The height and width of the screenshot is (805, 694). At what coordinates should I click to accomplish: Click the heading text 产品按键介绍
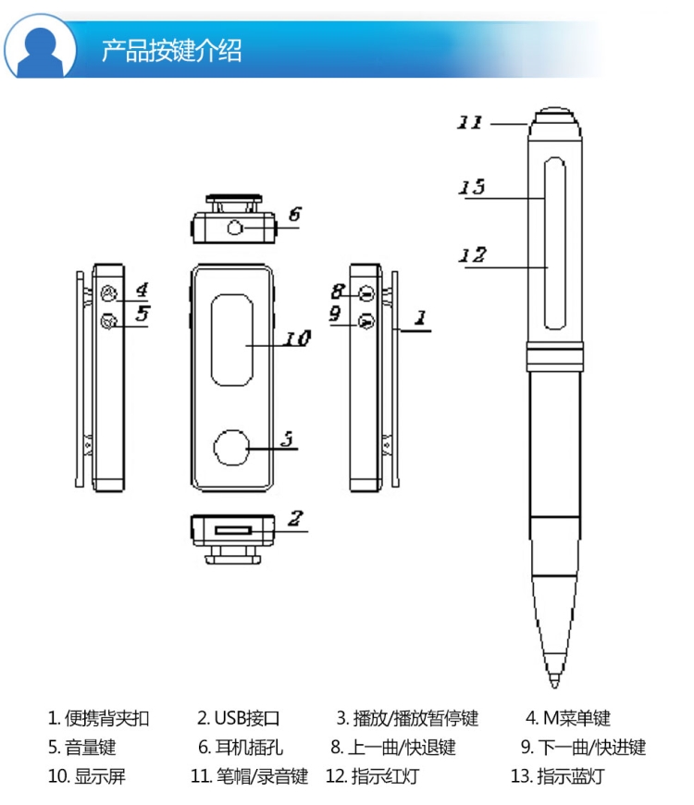171,50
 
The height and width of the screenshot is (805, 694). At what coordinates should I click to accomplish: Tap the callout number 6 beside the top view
294,215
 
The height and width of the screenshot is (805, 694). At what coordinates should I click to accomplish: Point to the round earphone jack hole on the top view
236,227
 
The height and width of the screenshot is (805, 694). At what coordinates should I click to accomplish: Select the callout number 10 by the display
297,340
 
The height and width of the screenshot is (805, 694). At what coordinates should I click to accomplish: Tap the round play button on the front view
232,448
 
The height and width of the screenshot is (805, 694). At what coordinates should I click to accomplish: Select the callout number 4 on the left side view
143,290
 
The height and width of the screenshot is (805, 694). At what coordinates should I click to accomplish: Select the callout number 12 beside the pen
473,255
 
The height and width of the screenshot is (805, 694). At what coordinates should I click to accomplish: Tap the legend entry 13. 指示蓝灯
557,776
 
